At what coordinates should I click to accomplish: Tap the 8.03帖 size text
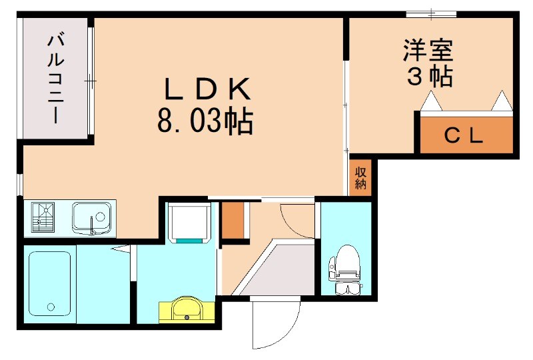(x=205, y=121)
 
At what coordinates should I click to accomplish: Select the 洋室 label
(x=428, y=51)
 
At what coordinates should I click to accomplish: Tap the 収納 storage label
(x=360, y=178)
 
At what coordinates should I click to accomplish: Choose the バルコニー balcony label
(x=55, y=79)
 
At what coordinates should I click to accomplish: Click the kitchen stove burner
(x=43, y=216)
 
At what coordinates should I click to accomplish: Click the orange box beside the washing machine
(x=233, y=220)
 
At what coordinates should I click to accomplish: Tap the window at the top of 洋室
(x=431, y=13)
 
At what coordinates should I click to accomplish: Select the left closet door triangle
(x=432, y=102)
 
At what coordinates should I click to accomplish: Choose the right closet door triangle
(x=502, y=101)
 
